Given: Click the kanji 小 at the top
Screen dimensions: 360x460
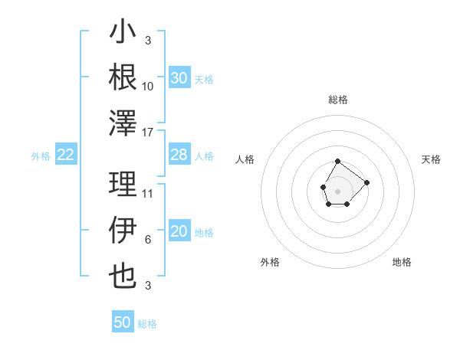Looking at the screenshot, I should click(x=123, y=34).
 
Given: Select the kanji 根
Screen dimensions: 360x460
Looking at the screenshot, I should click(x=123, y=77).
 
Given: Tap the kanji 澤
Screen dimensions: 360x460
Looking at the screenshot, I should click(x=123, y=123).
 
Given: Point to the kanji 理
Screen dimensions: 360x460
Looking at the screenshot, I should click(x=123, y=185).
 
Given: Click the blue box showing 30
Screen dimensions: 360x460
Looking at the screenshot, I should click(x=179, y=78).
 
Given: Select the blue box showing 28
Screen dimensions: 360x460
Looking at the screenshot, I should click(x=179, y=155).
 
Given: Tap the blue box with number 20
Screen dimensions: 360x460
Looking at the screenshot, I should click(x=179, y=232).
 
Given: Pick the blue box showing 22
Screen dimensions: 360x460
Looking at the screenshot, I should click(x=66, y=155).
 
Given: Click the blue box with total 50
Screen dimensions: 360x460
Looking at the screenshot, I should click(x=123, y=322).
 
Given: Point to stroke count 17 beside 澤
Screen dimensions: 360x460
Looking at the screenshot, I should click(x=148, y=133).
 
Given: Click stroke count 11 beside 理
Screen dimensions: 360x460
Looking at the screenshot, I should click(x=148, y=194).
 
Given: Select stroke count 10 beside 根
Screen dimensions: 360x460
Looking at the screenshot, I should click(x=148, y=86).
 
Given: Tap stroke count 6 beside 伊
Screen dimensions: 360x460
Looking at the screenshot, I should click(x=148, y=240).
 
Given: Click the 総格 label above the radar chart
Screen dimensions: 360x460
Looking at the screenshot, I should click(x=337, y=100).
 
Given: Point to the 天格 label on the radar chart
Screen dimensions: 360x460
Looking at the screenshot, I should click(x=432, y=159).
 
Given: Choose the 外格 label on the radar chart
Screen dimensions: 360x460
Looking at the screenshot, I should click(x=270, y=262).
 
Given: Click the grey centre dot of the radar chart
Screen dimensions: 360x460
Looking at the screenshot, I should click(x=337, y=190).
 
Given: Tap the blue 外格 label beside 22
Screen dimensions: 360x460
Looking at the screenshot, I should click(x=41, y=156).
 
